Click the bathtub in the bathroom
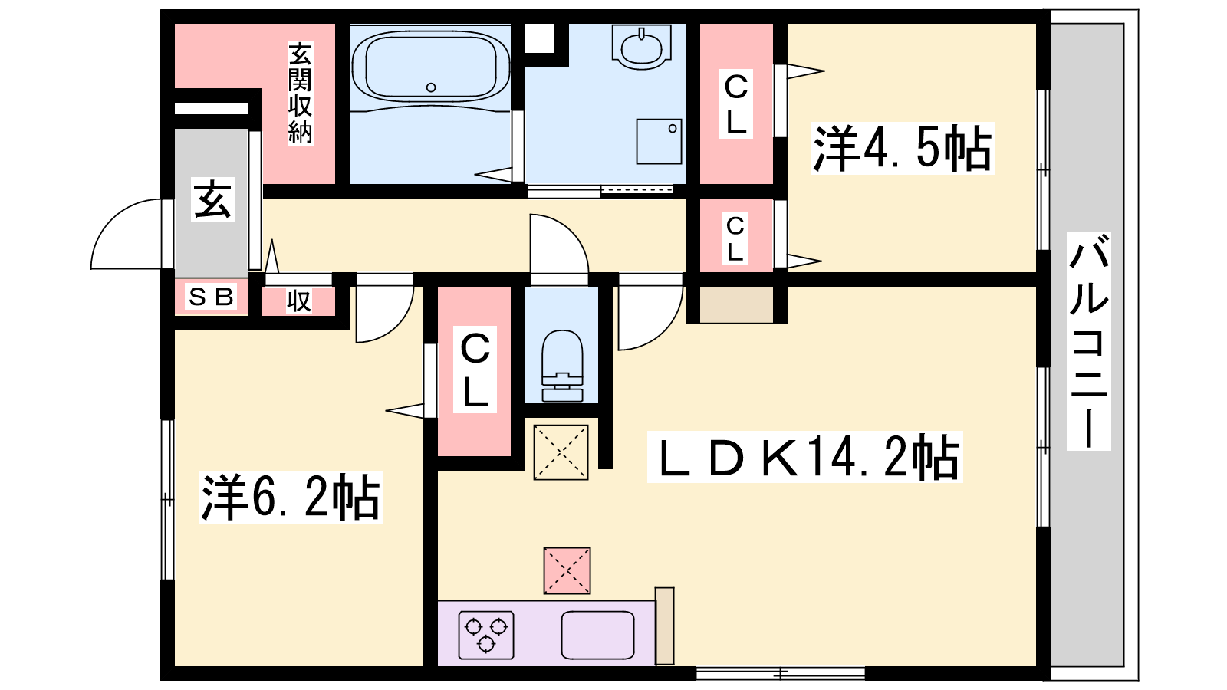point(430,67)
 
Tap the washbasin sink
point(642,46)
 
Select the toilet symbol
point(562,366)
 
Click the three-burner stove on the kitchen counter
point(486,635)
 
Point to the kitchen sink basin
point(597,635)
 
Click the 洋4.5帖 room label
point(902,149)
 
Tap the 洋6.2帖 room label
point(291,497)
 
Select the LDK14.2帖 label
point(804,457)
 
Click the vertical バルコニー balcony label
point(1089,341)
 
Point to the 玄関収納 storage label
point(300,93)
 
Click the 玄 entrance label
point(212,199)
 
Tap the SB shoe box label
point(211,297)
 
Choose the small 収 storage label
point(299,301)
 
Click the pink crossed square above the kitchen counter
point(567,570)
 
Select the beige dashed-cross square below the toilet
point(561,452)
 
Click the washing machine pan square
point(659,141)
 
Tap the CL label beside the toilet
point(475,369)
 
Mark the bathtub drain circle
point(431,87)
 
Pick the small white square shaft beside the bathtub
point(540,38)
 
